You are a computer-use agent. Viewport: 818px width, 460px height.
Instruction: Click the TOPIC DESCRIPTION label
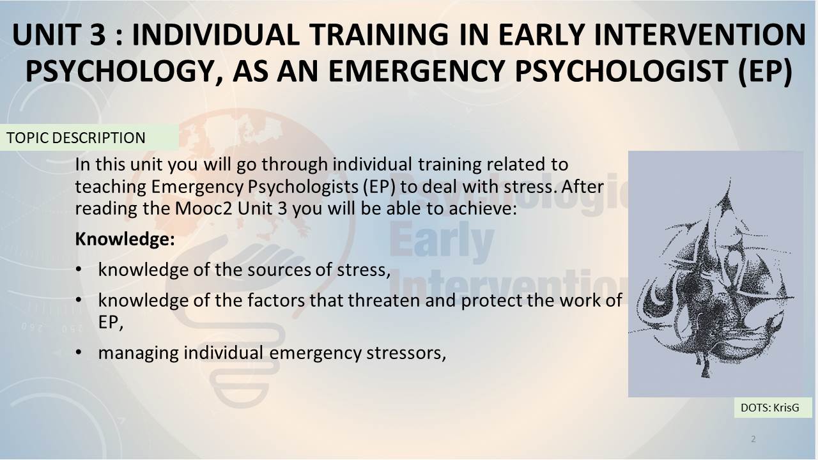[76, 138]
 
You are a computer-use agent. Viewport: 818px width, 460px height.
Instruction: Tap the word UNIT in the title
[46, 34]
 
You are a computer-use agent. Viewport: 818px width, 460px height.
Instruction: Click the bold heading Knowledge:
[125, 240]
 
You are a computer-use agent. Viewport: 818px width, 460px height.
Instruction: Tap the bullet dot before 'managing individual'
[79, 353]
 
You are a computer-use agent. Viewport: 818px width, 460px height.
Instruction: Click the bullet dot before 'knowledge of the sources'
[79, 270]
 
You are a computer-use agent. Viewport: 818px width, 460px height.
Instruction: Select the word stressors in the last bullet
[406, 353]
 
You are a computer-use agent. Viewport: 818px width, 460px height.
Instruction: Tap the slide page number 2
[753, 439]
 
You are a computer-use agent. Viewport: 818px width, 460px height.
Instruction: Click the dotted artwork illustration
[715, 274]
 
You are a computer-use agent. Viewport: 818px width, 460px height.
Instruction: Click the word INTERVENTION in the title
[700, 34]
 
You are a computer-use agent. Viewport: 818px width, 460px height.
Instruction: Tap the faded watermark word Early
[442, 241]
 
